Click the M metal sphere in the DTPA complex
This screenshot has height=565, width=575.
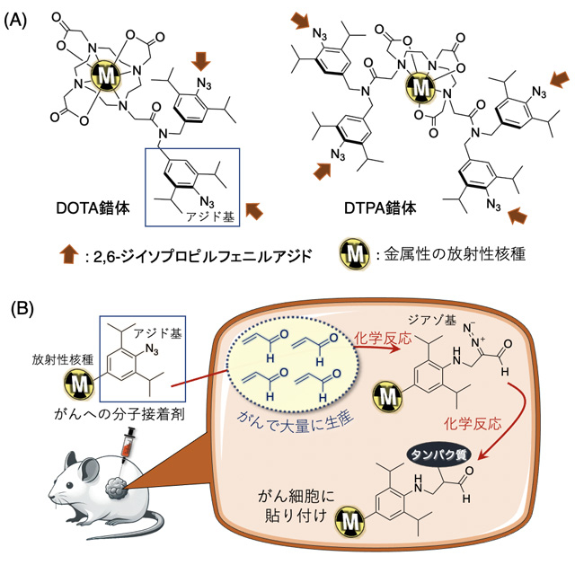pyautogui.click(x=420, y=88)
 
